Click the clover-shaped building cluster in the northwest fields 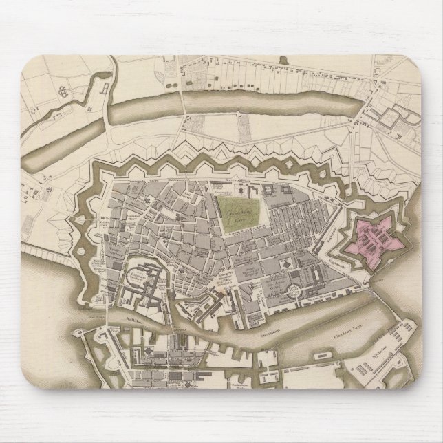(x=60, y=90)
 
